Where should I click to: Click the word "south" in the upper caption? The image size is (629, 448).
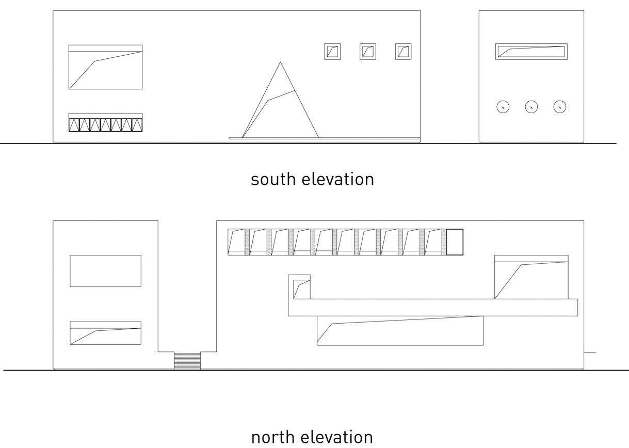(273, 180)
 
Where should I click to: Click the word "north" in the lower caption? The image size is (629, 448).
(272, 437)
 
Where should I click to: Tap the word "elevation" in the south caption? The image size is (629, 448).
(338, 180)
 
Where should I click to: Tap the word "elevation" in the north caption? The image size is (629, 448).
(336, 437)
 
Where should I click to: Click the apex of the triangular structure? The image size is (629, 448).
(280, 62)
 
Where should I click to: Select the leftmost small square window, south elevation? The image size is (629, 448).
(332, 52)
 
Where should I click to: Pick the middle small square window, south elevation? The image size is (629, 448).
(368, 52)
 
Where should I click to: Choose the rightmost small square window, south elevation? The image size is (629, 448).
(403, 52)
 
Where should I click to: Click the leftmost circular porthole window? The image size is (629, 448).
(503, 107)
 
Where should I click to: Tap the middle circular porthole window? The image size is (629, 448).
(531, 107)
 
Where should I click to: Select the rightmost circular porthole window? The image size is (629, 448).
(560, 107)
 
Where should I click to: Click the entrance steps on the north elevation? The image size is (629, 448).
(187, 361)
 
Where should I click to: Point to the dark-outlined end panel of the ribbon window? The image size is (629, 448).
(455, 242)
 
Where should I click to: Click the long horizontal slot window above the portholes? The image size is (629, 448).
(531, 52)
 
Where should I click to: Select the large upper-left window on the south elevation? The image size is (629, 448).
(106, 67)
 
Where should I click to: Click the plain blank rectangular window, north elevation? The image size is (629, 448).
(106, 271)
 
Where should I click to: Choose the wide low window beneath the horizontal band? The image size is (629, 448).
(400, 331)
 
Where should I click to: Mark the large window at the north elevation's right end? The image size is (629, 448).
(531, 277)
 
